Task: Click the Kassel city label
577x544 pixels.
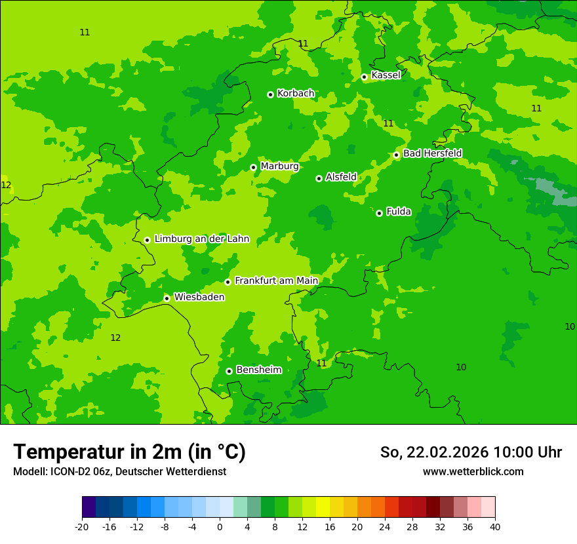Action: tap(386, 75)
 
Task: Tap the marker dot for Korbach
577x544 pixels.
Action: tap(270, 94)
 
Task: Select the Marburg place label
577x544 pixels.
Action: tap(279, 166)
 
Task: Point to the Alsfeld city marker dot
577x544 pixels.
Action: tap(319, 178)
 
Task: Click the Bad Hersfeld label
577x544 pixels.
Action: tap(432, 153)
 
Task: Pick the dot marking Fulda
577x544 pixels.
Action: tap(379, 213)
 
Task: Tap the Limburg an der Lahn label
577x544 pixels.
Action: tap(201, 239)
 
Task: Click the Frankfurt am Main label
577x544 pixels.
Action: tap(276, 281)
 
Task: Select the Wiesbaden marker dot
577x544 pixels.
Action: tap(167, 298)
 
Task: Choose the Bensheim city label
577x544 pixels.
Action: tap(258, 370)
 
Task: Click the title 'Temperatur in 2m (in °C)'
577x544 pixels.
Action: tap(129, 452)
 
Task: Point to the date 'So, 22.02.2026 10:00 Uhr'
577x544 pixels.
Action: tap(471, 452)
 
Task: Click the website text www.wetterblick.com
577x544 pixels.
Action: tap(473, 471)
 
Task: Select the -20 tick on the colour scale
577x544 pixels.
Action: tap(82, 527)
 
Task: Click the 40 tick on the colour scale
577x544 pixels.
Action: tap(494, 527)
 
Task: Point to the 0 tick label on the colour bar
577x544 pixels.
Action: tap(220, 527)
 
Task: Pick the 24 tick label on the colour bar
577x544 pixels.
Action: tap(384, 527)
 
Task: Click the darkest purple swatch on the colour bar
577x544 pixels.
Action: tap(89, 507)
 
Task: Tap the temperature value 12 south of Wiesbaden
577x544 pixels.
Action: tap(115, 338)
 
